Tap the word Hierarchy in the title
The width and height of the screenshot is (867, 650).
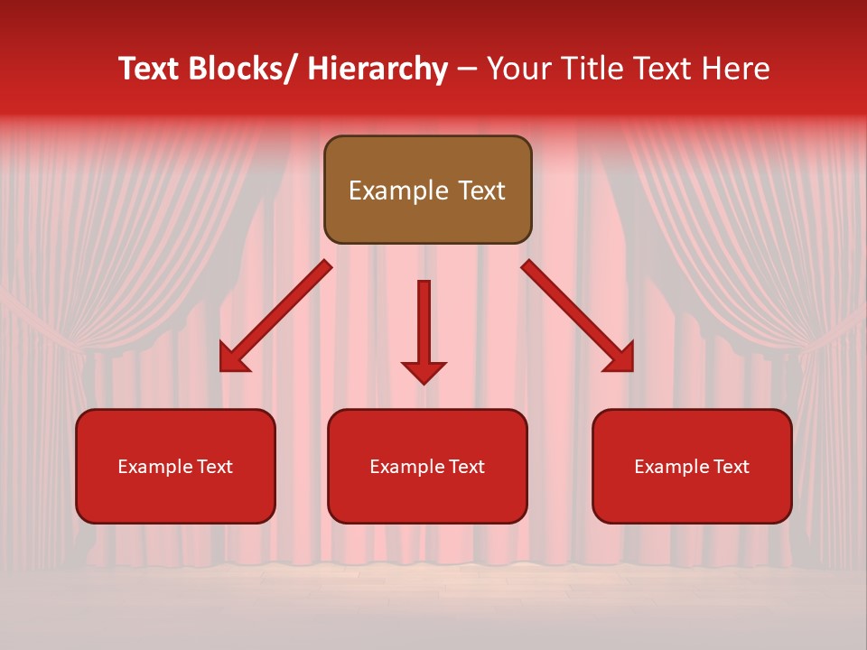pyautogui.click(x=378, y=69)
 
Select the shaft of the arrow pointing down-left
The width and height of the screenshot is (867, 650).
pyautogui.click(x=289, y=302)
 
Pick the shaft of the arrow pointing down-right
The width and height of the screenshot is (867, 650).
pyautogui.click(x=564, y=302)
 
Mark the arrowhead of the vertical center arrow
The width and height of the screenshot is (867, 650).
pyautogui.click(x=424, y=371)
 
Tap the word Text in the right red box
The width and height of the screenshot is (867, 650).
pyautogui.click(x=730, y=467)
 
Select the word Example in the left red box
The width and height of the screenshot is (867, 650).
pyautogui.click(x=155, y=467)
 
